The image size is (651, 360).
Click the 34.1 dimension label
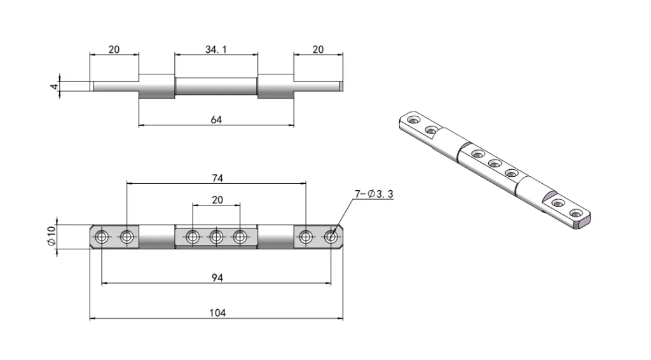[216, 49]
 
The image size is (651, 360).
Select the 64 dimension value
[216, 120]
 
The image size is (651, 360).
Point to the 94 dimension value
[216, 277]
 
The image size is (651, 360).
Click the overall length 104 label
[216, 312]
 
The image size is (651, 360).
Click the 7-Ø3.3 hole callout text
[373, 193]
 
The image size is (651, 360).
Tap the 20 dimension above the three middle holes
[217, 200]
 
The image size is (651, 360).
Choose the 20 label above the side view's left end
[114, 49]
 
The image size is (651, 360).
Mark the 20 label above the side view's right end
[318, 49]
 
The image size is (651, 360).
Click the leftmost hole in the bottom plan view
[102, 237]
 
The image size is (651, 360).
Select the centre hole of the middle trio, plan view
[216, 237]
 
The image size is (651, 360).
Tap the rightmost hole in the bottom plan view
[331, 237]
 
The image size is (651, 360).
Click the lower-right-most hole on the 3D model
[576, 212]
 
